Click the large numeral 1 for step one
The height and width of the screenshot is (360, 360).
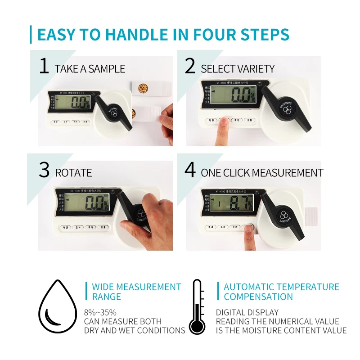pyautogui.click(x=44, y=67)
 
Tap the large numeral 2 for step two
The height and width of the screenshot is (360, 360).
pyautogui.click(x=190, y=67)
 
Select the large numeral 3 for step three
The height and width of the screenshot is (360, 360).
pyautogui.click(x=44, y=171)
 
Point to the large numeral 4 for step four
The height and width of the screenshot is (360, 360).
pyautogui.click(x=190, y=171)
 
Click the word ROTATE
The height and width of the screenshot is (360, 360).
pyautogui.click(x=73, y=173)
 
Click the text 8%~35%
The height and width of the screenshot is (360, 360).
pyautogui.click(x=100, y=312)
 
